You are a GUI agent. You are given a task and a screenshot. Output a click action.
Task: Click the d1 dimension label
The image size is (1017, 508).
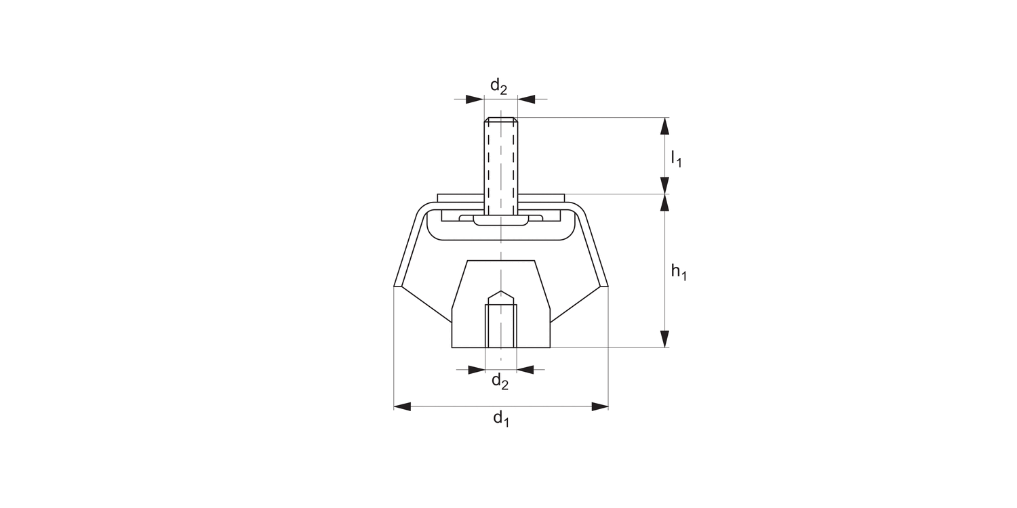point(501,419)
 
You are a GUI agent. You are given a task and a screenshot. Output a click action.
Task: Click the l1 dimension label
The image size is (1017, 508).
point(675,159)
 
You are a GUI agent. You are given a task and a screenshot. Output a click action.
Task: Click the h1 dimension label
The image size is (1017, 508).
point(679,272)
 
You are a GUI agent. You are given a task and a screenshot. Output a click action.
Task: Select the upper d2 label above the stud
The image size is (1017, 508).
point(498,87)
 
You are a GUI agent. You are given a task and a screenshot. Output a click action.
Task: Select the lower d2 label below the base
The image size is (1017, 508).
point(500,382)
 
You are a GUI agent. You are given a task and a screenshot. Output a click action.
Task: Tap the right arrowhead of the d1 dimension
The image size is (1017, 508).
point(599,406)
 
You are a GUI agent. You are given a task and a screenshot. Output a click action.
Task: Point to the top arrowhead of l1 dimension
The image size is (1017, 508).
point(665,126)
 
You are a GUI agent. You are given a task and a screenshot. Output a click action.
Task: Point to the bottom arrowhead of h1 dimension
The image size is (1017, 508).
point(665,339)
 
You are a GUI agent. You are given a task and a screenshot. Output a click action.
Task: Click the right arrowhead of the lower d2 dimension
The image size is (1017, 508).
point(525,369)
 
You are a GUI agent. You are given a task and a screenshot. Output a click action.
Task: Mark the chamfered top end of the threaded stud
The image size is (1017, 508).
point(501,121)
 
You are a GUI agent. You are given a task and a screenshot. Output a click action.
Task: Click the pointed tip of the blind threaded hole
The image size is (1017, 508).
point(501,292)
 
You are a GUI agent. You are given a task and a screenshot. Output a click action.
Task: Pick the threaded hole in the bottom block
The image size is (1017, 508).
point(501,325)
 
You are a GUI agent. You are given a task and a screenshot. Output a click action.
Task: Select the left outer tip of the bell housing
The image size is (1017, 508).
point(395,285)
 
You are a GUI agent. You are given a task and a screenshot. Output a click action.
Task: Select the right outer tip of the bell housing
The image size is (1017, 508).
point(607,285)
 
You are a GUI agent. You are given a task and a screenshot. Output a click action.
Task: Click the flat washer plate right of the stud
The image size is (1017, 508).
point(540,197)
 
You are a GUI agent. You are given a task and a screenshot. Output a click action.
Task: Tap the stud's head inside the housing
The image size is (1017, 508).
point(501,221)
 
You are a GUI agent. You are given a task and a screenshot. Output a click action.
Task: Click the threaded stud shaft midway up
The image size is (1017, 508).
point(501,163)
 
